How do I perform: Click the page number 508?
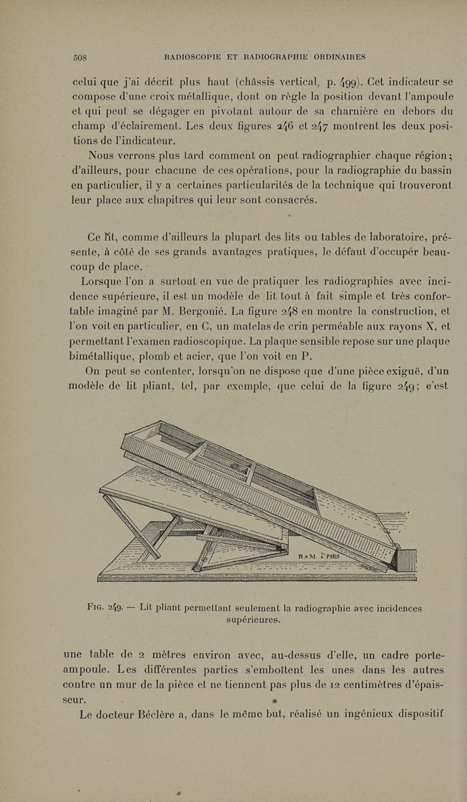80,57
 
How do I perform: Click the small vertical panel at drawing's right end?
407,562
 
